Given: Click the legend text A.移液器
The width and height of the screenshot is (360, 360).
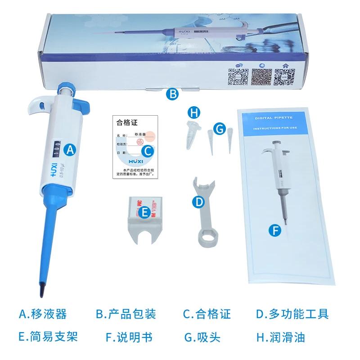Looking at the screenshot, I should pyautogui.click(x=43, y=314).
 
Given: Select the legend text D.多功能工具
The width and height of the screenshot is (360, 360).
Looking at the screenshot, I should pyautogui.click(x=292, y=314).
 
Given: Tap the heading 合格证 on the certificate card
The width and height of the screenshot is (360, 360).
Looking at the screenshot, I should pyautogui.click(x=126, y=121).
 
